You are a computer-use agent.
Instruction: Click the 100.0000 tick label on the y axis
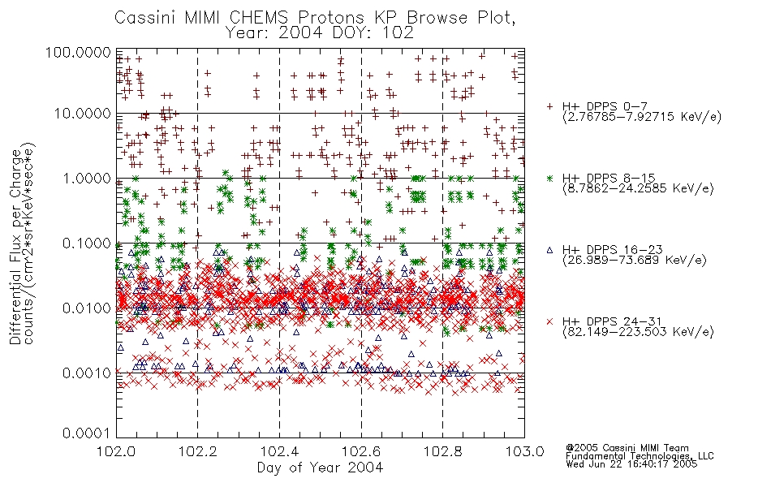click(78, 52)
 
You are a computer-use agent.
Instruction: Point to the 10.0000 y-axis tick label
click(83, 114)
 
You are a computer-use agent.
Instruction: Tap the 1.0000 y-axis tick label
click(87, 178)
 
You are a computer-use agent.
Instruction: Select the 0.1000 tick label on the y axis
click(87, 243)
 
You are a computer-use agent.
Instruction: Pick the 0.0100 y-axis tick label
click(87, 308)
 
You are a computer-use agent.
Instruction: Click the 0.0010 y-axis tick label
click(87, 373)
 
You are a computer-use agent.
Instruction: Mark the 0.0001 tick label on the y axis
click(87, 433)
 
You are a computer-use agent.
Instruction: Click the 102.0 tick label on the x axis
click(116, 451)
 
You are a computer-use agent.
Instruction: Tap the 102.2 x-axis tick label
click(198, 451)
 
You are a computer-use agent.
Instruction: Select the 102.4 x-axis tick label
click(279, 451)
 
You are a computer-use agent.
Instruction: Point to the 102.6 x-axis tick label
click(361, 451)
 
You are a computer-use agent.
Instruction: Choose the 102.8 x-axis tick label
click(442, 451)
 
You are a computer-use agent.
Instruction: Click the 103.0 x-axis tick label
click(524, 451)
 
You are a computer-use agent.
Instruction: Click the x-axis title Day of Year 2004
click(320, 468)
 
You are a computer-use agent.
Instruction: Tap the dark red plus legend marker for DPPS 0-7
click(549, 106)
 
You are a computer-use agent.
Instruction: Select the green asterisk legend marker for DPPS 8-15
click(549, 178)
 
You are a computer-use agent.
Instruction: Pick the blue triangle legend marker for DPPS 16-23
click(549, 250)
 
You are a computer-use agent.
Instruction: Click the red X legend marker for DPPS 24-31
click(549, 321)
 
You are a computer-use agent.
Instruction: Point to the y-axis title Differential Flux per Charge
click(16, 247)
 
